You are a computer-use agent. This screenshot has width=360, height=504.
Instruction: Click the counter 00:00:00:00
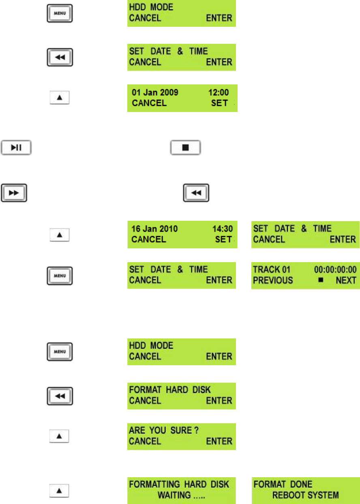coord(335,269)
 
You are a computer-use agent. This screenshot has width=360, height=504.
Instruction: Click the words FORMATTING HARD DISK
coord(179,484)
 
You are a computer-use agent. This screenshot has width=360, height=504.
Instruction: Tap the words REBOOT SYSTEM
coord(305,495)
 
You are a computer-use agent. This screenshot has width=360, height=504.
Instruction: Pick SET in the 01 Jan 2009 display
coord(219,103)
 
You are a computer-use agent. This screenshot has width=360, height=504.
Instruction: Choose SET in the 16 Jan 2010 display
coord(223,239)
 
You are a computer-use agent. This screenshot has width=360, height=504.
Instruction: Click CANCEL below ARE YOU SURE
coord(145,441)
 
